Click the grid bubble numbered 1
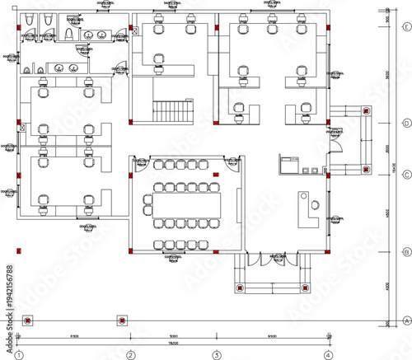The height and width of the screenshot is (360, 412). (18, 355)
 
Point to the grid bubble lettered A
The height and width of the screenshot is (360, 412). (405, 320)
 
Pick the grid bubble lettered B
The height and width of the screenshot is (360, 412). (405, 252)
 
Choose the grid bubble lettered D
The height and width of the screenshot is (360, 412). (405, 124)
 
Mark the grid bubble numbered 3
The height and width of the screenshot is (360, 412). (217, 355)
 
